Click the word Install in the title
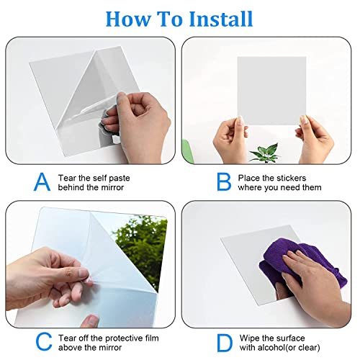221,19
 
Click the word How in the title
128,19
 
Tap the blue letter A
42,181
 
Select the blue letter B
224,181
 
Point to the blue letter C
44,342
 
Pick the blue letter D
225,343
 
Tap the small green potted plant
265,153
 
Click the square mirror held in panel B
271,91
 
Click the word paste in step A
118,179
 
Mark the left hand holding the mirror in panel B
230,139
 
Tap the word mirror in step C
110,348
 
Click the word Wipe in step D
250,338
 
